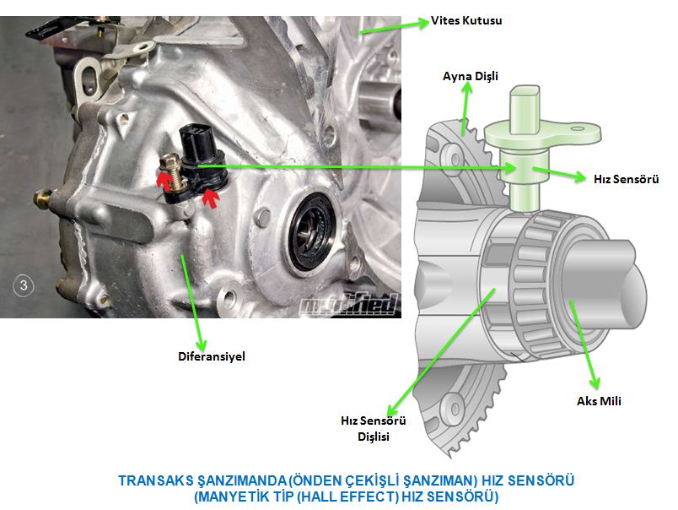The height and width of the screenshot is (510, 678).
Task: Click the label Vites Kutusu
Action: [466, 20]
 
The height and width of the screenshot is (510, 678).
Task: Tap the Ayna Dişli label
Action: [471, 76]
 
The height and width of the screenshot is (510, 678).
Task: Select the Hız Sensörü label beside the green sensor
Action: [626, 179]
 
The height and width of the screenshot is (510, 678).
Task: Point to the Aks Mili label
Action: [599, 401]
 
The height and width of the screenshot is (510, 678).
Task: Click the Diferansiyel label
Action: [212, 356]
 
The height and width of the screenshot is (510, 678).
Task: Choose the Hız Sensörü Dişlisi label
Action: [374, 428]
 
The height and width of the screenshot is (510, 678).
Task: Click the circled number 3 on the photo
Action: [24, 285]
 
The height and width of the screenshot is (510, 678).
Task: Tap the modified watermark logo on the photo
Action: [348, 304]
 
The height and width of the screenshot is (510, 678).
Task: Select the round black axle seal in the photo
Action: [311, 231]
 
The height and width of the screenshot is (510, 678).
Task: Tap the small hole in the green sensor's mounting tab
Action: [578, 128]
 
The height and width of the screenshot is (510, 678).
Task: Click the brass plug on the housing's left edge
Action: [43, 198]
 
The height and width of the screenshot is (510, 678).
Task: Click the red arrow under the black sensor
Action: [211, 198]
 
